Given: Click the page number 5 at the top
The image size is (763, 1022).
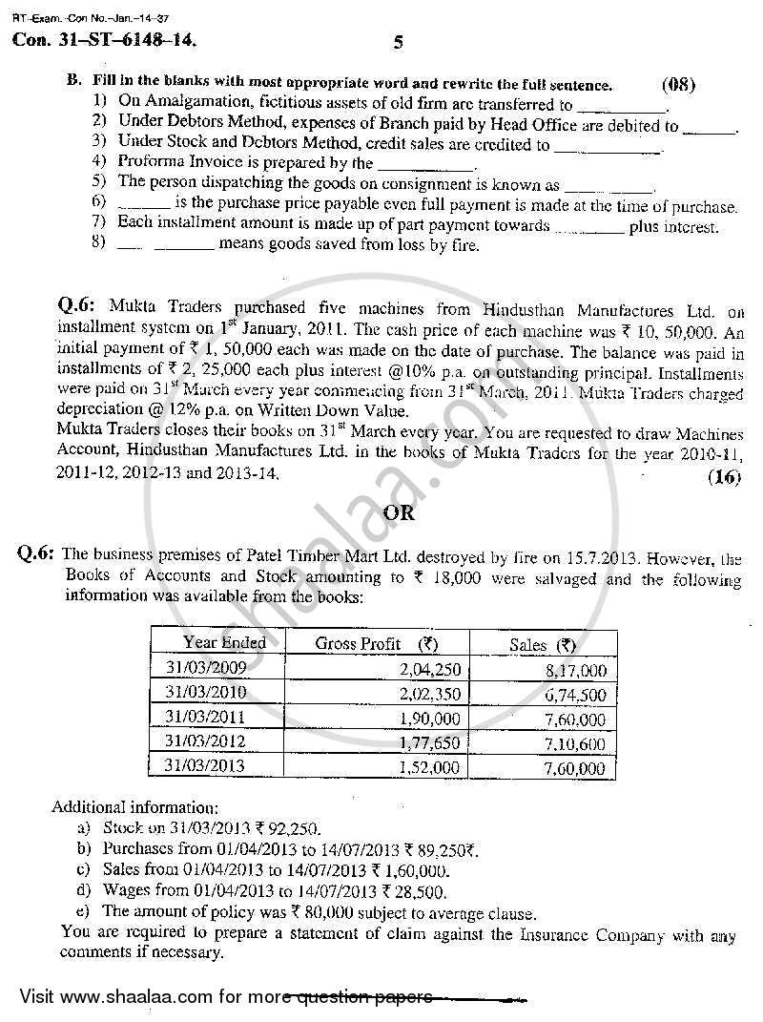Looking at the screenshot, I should (398, 42).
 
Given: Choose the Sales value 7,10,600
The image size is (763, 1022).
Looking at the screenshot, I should (571, 743).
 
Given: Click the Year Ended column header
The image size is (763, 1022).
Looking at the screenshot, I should (224, 643).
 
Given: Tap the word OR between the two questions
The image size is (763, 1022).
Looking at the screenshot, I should (399, 512).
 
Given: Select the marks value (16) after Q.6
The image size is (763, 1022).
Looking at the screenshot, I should (724, 478).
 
